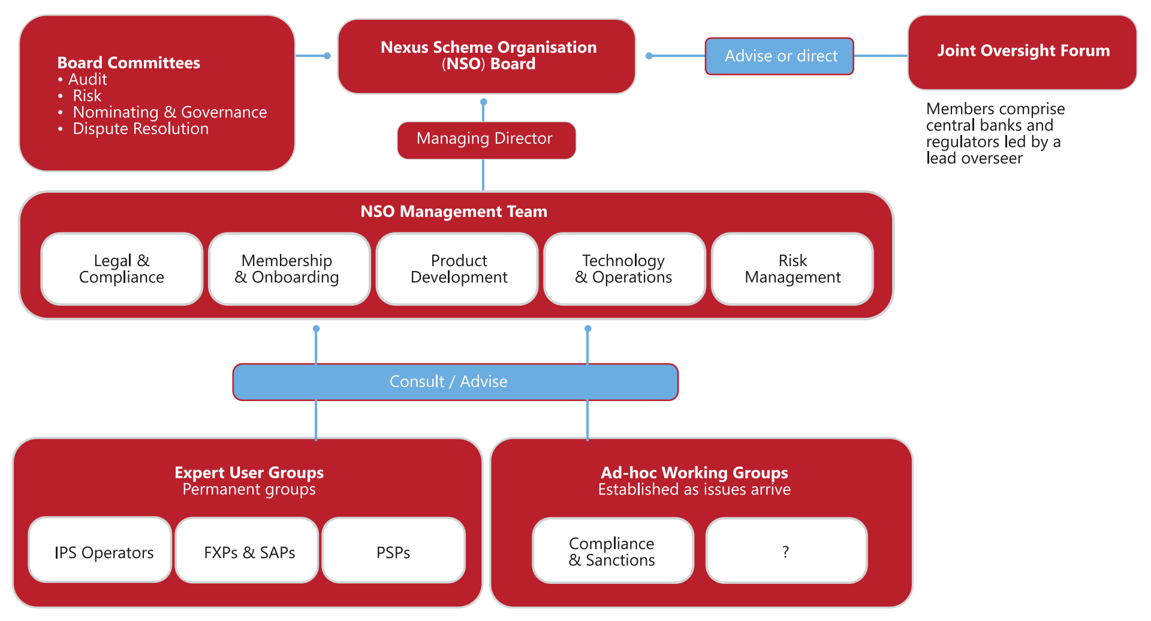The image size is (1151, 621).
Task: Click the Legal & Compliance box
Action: click(122, 269)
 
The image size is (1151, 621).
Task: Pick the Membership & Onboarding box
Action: click(289, 269)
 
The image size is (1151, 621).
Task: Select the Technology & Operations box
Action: click(624, 269)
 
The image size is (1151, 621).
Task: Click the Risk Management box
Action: click(792, 269)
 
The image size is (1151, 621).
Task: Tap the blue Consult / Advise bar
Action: click(455, 382)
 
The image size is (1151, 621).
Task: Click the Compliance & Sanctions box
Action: click(613, 551)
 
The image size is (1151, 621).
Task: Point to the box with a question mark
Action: click(786, 551)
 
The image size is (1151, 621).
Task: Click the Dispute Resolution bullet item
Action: click(140, 129)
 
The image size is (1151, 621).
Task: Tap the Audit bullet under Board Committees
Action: click(88, 79)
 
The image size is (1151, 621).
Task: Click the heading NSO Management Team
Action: click(454, 212)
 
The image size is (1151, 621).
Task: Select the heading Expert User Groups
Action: click(249, 472)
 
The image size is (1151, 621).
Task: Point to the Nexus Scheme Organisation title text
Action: click(489, 47)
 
